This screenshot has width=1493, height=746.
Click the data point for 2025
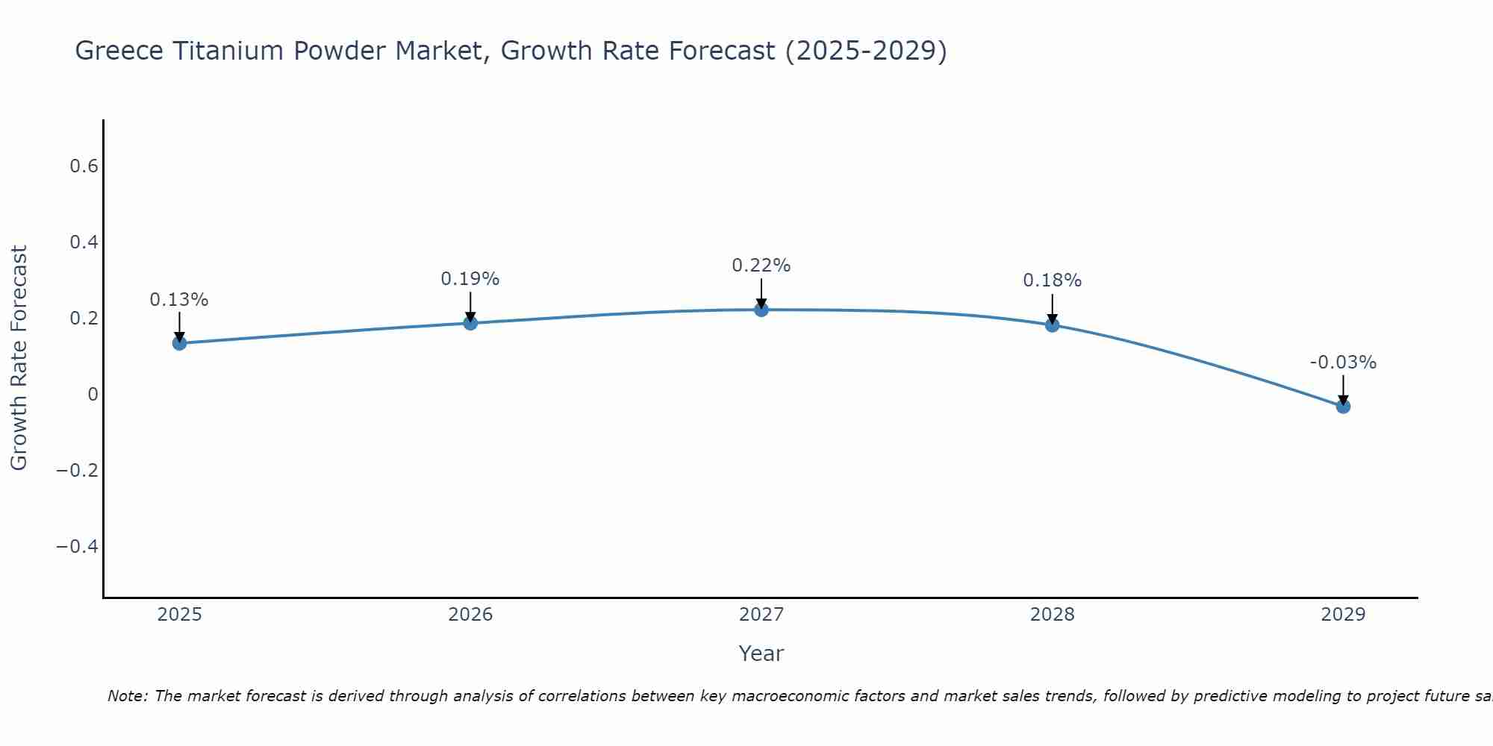pos(179,343)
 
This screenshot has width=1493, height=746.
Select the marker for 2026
pos(470,323)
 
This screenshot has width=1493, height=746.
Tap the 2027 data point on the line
pos(761,310)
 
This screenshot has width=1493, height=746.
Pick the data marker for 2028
pos(1052,325)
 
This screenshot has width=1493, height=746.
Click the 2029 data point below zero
pos(1343,407)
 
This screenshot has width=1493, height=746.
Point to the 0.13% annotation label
pos(179,300)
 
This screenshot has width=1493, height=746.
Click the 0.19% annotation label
pos(470,279)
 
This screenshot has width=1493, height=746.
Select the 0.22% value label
pos(761,266)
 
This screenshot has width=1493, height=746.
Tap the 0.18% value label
pos(1052,280)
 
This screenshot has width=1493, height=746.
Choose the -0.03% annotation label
pos(1343,363)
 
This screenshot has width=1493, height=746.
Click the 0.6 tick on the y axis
pos(84,166)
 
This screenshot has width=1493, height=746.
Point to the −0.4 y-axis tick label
pos(77,547)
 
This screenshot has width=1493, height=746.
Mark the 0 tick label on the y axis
pos(93,395)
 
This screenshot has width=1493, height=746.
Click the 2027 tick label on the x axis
pos(761,615)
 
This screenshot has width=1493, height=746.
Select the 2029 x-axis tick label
pos(1343,615)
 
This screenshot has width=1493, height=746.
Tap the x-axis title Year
pos(761,653)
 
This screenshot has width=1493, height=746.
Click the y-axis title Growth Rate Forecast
pos(19,358)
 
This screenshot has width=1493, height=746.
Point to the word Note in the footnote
pos(128,696)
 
